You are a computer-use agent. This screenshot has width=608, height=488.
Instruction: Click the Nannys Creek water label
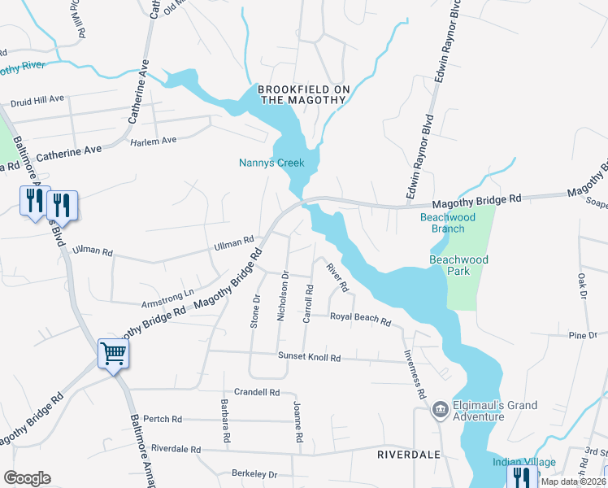[271, 163]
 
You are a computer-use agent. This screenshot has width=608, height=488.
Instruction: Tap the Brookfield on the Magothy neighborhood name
[302, 94]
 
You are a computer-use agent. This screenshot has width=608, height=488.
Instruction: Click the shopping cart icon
[113, 354]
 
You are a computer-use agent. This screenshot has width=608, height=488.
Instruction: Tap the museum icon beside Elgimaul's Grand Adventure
[440, 407]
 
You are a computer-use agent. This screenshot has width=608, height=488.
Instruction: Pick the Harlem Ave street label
[154, 141]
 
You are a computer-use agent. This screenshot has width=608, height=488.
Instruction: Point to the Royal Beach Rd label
[359, 319]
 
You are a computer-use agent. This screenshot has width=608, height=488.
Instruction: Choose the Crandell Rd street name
[257, 392]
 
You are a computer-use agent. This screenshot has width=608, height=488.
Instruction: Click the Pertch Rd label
[163, 419]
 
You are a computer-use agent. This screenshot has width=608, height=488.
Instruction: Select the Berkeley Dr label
[254, 474]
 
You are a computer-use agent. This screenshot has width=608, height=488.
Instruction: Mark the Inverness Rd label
[416, 375]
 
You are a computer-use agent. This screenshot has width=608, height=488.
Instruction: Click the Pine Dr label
[583, 335]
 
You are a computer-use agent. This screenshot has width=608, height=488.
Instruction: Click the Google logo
[27, 478]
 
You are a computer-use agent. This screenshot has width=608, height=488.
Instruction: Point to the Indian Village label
[524, 463]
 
